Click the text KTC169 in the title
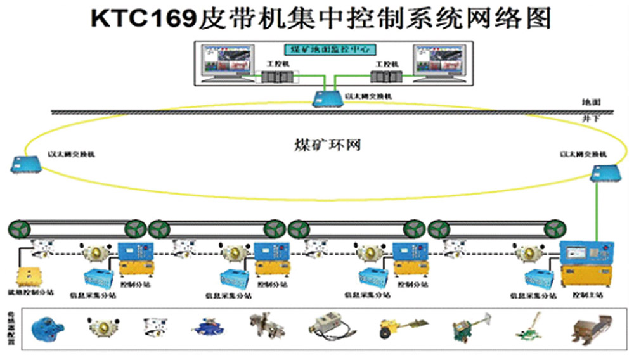point(141,19)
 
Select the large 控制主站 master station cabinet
point(586,264)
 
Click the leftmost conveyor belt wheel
point(17,228)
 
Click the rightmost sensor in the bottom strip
point(589,328)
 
